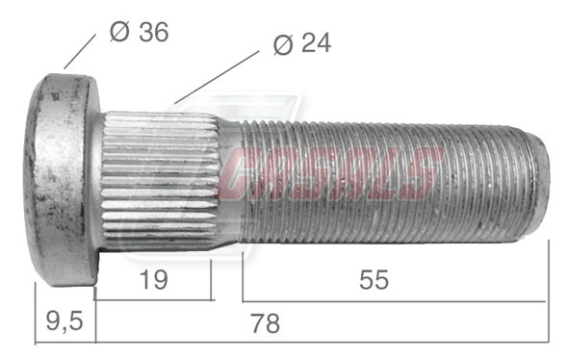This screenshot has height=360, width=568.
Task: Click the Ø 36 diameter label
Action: click(x=139, y=32)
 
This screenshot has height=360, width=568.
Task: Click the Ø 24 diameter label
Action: click(x=301, y=44)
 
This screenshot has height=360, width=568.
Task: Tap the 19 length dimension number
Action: click(x=153, y=280)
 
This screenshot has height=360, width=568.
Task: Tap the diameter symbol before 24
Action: click(x=282, y=45)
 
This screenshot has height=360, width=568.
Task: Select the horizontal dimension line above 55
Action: click(x=395, y=299)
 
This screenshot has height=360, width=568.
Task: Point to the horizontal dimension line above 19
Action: click(x=153, y=299)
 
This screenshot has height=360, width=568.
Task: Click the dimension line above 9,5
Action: click(x=65, y=341)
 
